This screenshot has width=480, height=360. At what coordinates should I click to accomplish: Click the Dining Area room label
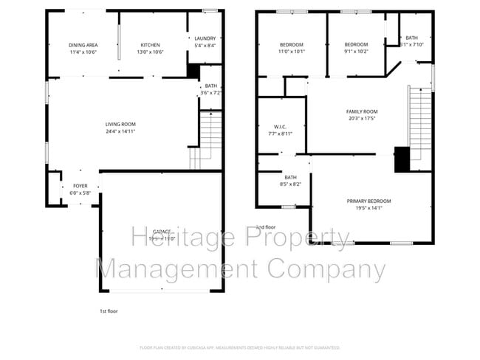(83, 45)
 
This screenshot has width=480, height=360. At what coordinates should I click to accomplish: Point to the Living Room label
(120, 124)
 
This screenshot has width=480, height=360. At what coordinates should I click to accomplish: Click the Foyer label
(79, 187)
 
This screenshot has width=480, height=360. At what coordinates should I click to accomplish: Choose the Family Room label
(362, 111)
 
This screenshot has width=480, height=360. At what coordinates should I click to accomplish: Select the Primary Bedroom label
(368, 201)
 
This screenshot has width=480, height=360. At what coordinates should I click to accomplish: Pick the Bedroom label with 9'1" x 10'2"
(356, 44)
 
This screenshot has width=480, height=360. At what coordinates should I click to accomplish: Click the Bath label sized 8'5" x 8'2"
(291, 177)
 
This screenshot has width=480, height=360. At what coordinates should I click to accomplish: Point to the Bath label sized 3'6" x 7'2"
(211, 86)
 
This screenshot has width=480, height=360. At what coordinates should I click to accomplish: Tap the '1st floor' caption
(109, 311)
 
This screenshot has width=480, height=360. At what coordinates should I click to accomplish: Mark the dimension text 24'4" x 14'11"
(120, 131)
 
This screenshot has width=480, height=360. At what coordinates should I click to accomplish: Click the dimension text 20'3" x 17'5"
(362, 118)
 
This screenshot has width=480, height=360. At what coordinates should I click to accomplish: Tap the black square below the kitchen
(193, 71)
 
